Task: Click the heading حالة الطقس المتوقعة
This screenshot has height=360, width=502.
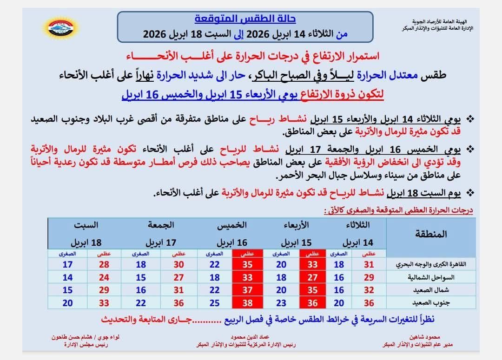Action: coord(244,20)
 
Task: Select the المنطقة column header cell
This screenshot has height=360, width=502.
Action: coord(429,234)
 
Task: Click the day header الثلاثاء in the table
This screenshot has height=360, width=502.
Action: coord(358,225)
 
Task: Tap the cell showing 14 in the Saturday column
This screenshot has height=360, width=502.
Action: coord(67,277)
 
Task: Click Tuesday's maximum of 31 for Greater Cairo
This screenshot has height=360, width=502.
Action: coord(369,264)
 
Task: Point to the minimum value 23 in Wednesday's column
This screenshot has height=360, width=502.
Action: coord(281,303)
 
